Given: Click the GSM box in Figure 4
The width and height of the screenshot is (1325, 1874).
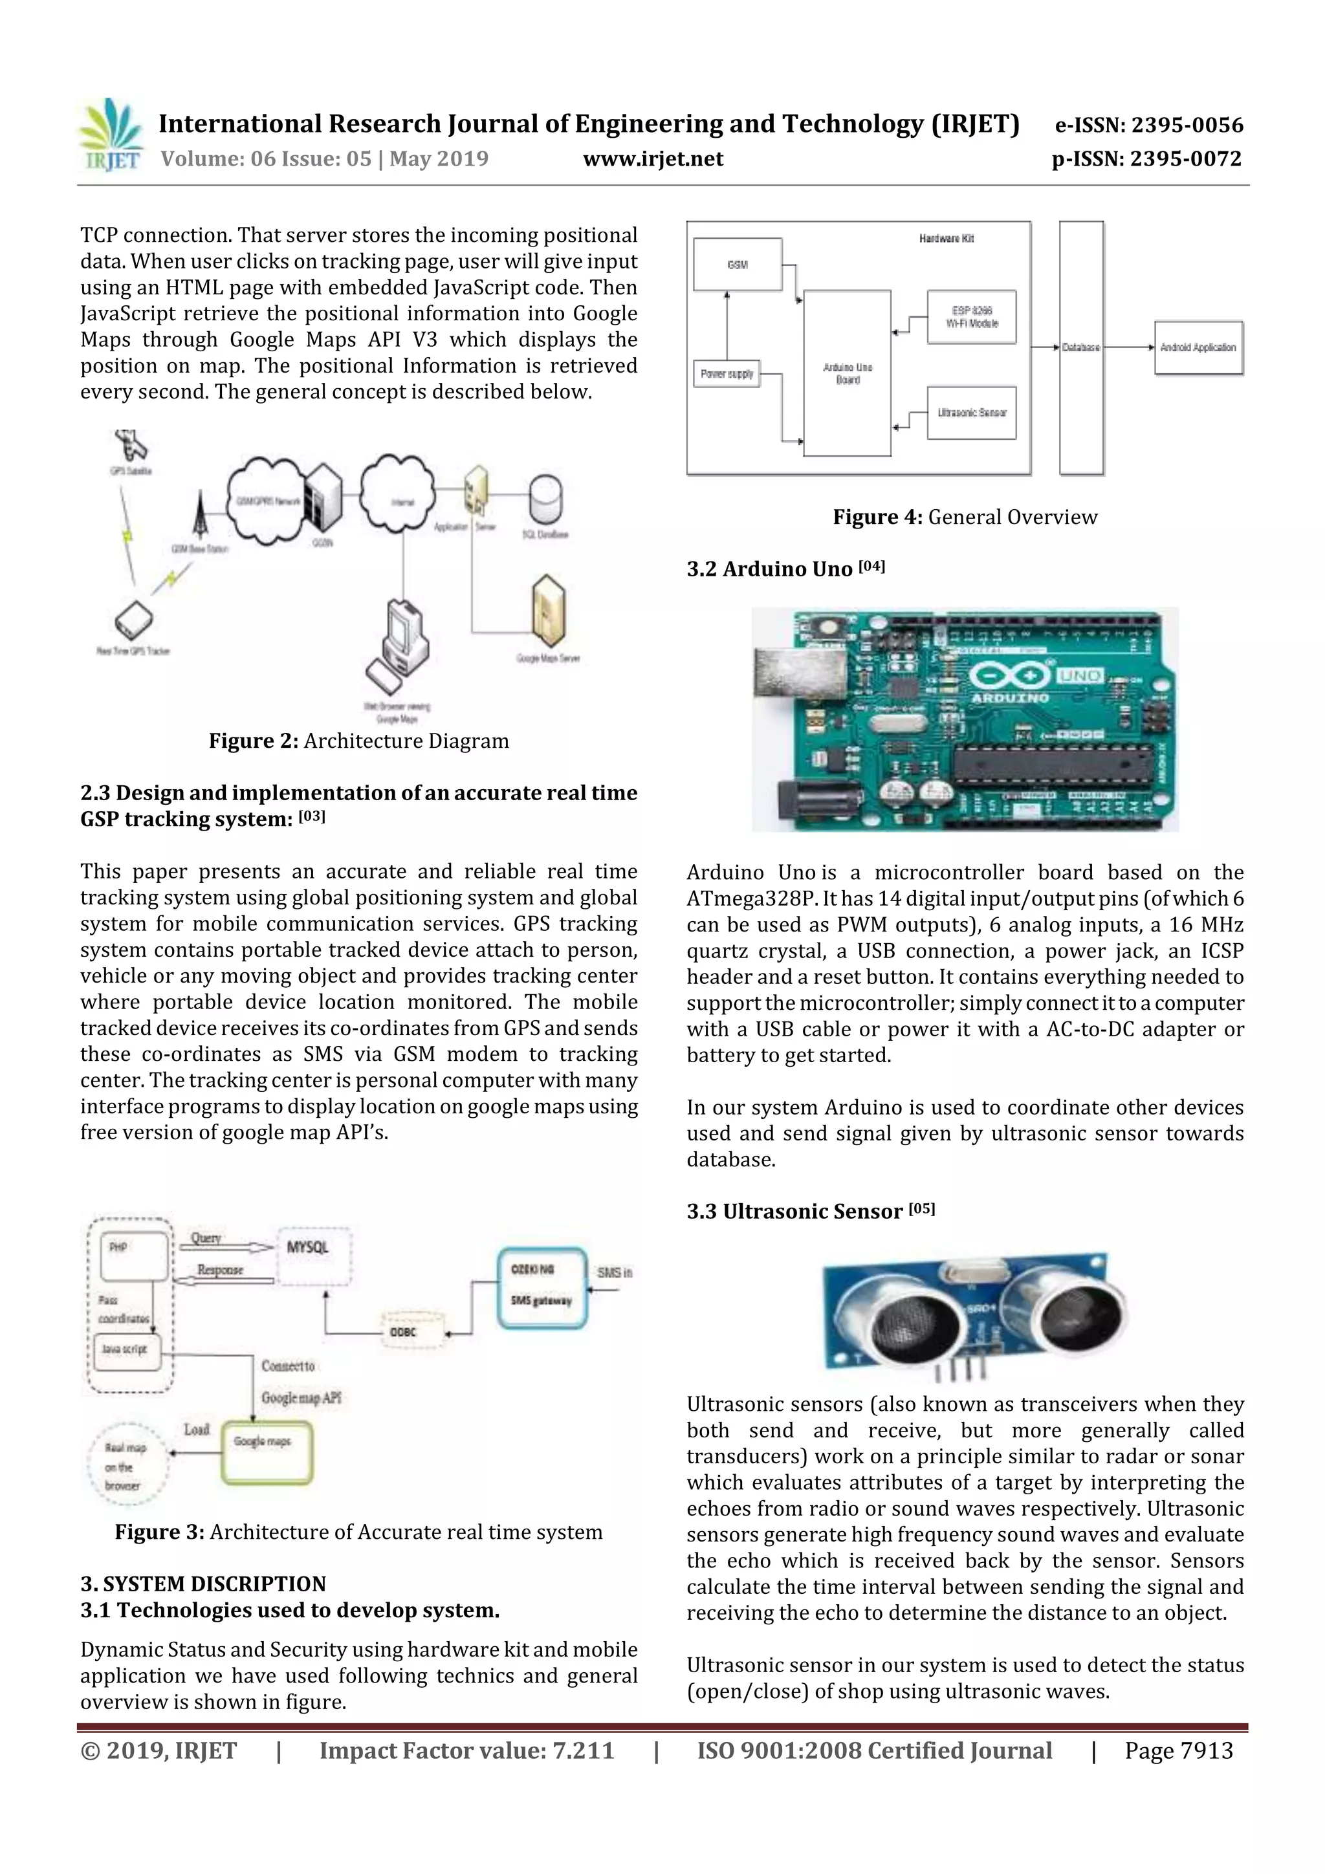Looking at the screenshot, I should coord(737,265).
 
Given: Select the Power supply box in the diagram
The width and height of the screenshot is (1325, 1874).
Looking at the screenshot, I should coord(727,374).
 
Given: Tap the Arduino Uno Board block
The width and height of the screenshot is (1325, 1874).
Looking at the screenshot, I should coord(848,373).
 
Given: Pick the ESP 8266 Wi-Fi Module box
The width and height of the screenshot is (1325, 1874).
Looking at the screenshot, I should coord(972,318).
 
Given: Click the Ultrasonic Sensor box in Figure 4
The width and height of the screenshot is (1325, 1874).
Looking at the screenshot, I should coord(972,413).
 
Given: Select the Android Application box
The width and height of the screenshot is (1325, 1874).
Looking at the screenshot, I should coord(1198,348).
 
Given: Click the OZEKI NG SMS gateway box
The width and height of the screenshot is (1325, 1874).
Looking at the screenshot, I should coord(542,1287).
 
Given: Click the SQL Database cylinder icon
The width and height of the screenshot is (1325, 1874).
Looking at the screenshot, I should coord(545,500).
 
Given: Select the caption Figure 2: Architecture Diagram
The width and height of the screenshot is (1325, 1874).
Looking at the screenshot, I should coord(358,741).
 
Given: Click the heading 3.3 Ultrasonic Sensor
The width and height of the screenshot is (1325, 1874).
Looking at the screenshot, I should coord(810,1211).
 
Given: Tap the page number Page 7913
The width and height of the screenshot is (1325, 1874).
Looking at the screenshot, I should coord(1178,1750).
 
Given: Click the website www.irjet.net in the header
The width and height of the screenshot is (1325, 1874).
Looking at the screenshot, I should coord(652,158).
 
